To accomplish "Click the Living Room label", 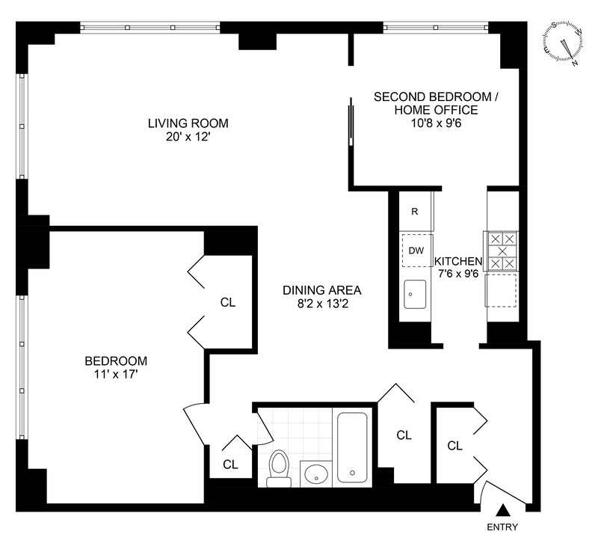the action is [x=188, y=130].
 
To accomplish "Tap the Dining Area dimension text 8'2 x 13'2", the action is [x=322, y=304].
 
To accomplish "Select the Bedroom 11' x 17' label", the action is [x=116, y=367].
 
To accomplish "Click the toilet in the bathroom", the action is [x=279, y=468].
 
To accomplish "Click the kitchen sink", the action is [x=415, y=294].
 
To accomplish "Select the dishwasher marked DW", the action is [x=416, y=251].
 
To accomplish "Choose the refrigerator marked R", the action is [x=415, y=211].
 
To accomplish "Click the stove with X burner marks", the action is [x=502, y=251].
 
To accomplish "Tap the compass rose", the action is [x=563, y=43].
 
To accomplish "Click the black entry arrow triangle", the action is [x=503, y=510].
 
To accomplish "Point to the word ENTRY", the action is [x=502, y=527].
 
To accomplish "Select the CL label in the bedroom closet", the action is [x=228, y=302].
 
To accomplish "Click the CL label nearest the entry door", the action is [x=454, y=446].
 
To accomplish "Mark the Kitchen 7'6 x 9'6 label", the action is [x=458, y=267].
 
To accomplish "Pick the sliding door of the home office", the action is [x=351, y=121].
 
